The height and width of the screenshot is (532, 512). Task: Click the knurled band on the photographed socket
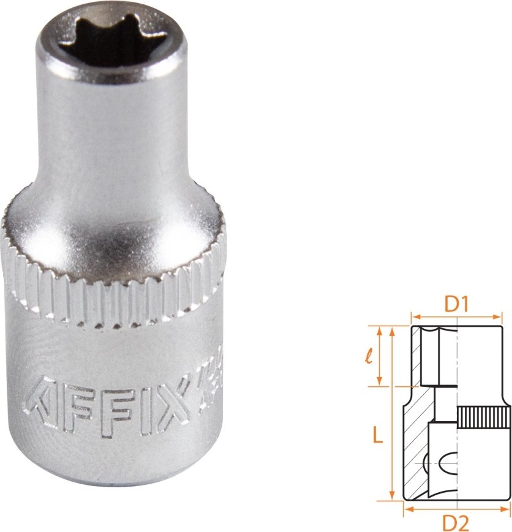point(116,288)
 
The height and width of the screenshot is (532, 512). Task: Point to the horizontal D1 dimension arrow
point(457,318)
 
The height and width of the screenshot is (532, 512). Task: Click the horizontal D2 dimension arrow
point(457,508)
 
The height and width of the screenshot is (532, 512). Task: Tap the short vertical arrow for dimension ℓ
point(380,356)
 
